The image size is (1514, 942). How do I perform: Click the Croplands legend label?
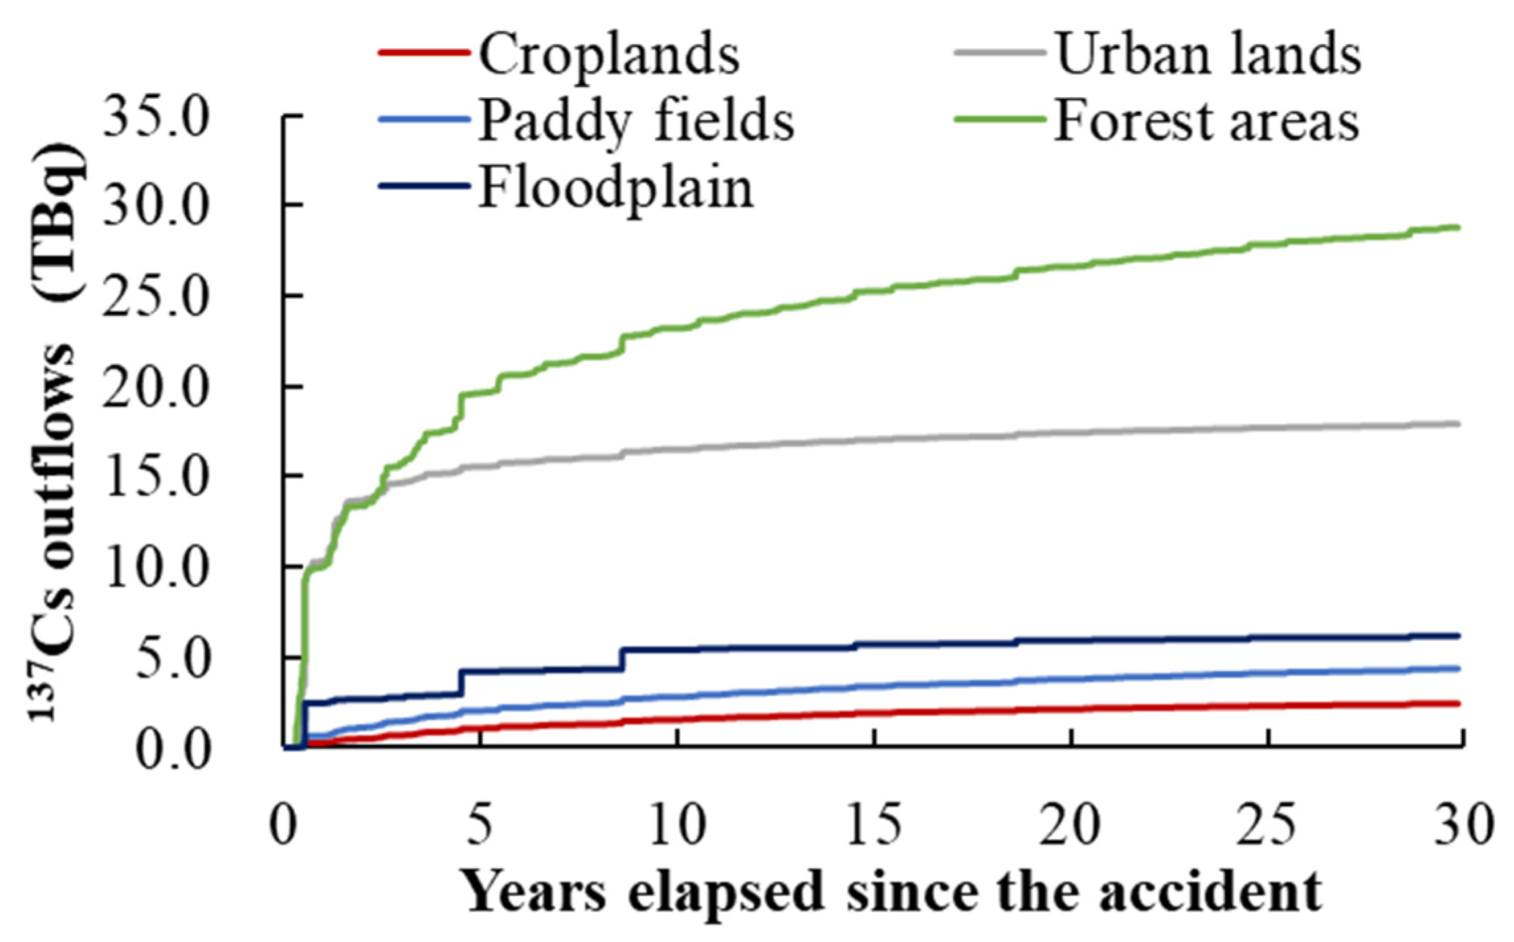point(609,54)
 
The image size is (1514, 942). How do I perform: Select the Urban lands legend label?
point(1208,54)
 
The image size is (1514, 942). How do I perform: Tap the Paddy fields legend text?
point(636,122)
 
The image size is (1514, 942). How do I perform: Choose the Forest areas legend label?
point(1206,122)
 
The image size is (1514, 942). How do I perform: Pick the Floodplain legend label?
point(616,189)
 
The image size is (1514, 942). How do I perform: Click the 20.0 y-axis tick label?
point(156,387)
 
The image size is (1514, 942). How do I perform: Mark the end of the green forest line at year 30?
point(1459,228)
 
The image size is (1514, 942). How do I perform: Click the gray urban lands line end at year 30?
point(1459,424)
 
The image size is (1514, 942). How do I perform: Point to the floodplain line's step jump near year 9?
point(622,659)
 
